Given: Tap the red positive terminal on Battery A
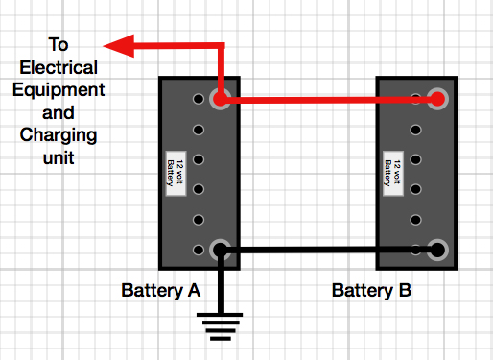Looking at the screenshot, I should tap(220, 99).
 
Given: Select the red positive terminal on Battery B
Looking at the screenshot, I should tap(438, 98).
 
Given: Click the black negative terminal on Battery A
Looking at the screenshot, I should tap(220, 251).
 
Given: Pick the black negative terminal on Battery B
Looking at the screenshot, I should tap(438, 250).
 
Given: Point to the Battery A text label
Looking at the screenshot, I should tap(160, 290).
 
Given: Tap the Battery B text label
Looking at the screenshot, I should tap(372, 290).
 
